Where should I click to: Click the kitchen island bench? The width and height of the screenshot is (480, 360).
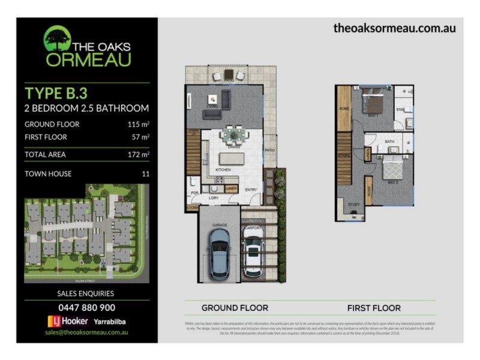(x=232, y=160)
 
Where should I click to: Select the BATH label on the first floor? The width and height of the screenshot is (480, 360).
(x=389, y=142)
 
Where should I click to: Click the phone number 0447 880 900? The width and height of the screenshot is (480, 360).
(x=86, y=307)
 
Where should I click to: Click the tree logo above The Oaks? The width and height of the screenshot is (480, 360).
(x=58, y=37)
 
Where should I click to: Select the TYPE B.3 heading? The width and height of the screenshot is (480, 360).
(x=56, y=93)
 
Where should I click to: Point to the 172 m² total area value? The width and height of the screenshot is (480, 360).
(x=137, y=154)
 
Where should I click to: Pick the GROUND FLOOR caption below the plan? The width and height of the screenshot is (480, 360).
(x=235, y=308)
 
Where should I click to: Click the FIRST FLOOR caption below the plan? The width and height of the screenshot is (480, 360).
(x=374, y=308)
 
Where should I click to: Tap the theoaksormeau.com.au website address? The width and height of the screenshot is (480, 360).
(x=394, y=28)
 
